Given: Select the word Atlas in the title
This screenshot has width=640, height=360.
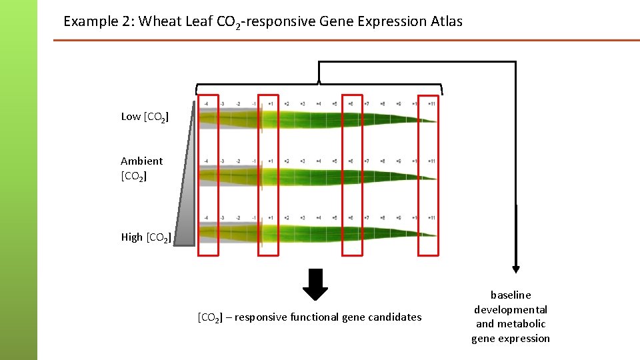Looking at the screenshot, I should [x=445, y=21].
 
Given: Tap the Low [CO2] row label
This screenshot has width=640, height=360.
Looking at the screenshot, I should [x=145, y=117].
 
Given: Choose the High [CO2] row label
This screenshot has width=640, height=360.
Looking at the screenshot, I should [x=146, y=237].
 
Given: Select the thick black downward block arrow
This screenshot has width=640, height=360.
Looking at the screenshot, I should [x=315, y=284].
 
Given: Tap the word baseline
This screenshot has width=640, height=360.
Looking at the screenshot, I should [x=511, y=295].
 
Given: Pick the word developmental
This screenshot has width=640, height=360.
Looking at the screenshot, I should [x=511, y=309].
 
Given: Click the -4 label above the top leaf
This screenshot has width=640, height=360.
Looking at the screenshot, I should [x=206, y=104].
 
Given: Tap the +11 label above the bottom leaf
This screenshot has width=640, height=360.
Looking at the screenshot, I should [x=431, y=218].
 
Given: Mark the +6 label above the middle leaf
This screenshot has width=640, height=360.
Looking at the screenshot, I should [x=351, y=161].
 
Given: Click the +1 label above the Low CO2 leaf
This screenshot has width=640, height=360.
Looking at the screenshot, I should [x=271, y=104].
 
